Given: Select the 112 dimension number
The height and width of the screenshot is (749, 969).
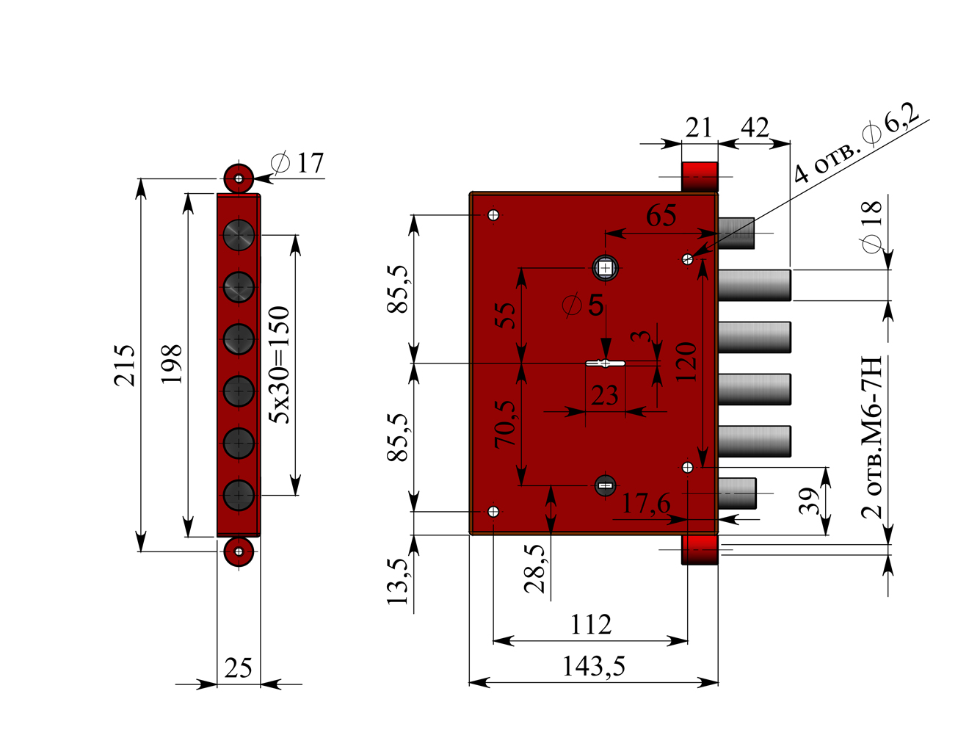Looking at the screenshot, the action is tap(591, 625).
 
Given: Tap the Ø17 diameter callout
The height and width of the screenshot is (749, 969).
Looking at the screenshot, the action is tap(297, 163).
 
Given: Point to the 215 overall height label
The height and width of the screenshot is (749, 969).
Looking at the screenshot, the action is tap(124, 365).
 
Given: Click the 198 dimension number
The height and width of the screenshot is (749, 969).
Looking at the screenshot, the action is tap(171, 364).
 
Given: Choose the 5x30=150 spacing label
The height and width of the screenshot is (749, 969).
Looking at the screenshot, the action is tap(279, 365).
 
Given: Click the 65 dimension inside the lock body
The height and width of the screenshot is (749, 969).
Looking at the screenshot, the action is tap(661, 216).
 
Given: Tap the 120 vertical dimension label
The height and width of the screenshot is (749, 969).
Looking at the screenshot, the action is tap(686, 362).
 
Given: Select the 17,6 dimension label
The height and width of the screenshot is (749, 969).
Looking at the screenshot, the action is tap(646, 504).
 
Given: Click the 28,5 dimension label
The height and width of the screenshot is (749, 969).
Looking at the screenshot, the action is tap(534, 568).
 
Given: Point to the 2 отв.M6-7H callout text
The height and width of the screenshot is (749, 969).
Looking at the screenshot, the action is tap(871, 437).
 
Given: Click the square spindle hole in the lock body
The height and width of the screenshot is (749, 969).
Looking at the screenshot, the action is tap(605, 268).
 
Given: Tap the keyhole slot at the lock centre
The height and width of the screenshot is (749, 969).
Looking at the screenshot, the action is tap(605, 363).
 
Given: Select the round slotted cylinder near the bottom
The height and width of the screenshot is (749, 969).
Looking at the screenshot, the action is tap(605, 485).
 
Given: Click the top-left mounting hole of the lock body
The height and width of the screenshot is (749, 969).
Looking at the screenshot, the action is tap(493, 215).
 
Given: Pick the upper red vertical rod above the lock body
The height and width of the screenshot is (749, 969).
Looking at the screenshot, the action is tap(699, 177).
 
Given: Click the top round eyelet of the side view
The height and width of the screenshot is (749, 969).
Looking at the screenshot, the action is tap(239, 179).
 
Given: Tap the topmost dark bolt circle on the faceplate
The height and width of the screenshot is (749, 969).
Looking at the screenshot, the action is tap(239, 235).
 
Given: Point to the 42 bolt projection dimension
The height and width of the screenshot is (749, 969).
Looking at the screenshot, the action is tap(755, 128).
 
